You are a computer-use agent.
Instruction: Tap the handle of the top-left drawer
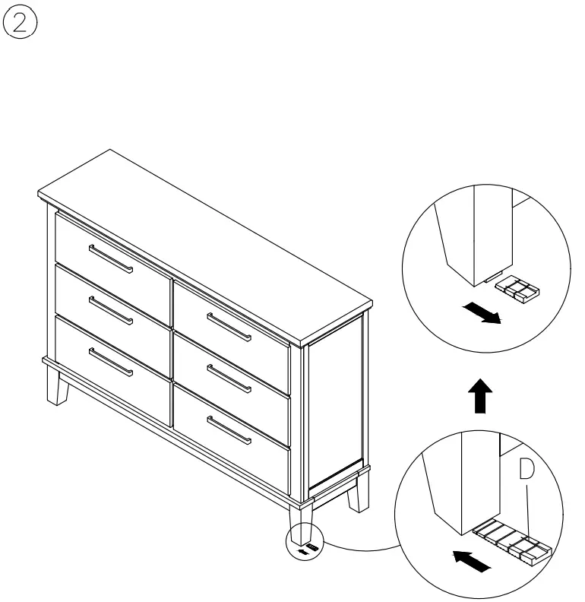click(111, 258)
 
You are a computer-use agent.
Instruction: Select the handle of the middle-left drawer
click(111, 310)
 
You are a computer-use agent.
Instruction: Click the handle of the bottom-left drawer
click(111, 362)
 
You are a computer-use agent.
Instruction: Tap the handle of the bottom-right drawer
click(229, 430)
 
